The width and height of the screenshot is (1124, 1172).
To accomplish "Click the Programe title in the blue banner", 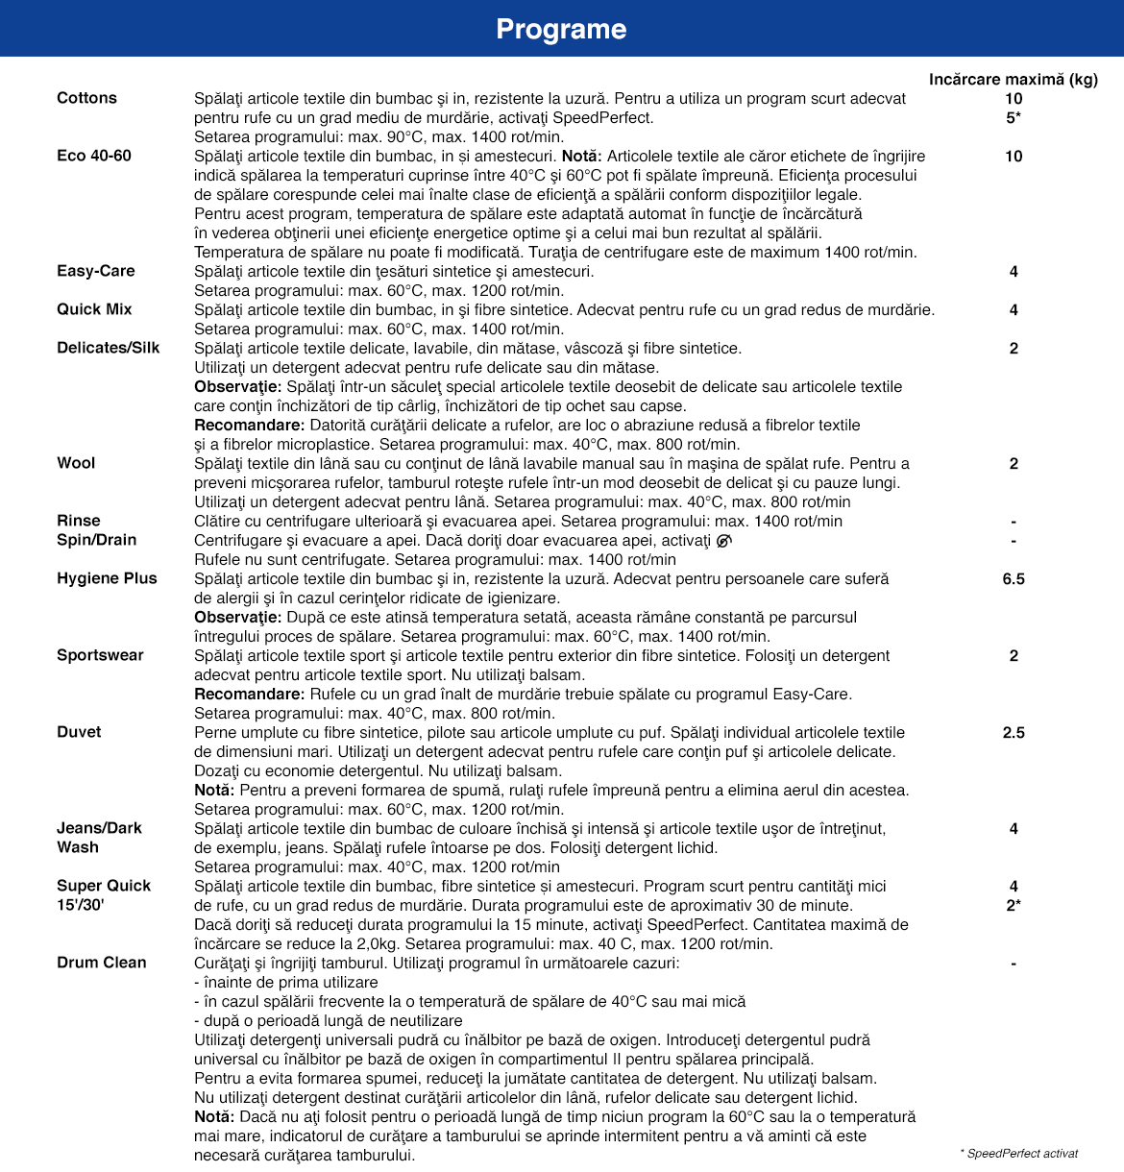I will (x=561, y=29).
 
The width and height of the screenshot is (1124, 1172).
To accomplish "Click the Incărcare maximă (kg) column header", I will (x=1013, y=79).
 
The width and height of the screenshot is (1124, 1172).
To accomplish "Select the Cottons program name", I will (x=86, y=98).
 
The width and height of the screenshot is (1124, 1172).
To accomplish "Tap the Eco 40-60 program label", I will (x=94, y=156).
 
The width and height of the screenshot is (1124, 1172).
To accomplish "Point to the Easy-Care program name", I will (x=96, y=271).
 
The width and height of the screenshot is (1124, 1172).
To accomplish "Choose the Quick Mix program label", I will (x=94, y=309).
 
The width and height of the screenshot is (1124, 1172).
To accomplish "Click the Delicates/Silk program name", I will (x=109, y=348).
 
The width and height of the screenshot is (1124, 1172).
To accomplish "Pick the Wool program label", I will (x=76, y=463).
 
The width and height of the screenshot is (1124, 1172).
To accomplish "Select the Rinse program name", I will (x=79, y=521).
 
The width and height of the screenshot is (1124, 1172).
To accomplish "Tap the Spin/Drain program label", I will (x=97, y=540).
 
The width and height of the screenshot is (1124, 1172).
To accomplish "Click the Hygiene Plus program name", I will (x=107, y=578).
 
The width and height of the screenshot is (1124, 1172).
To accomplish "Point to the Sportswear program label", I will (x=100, y=655).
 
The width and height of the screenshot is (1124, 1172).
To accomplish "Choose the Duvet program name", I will (x=79, y=732).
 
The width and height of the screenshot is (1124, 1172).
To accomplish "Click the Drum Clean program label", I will (x=102, y=963).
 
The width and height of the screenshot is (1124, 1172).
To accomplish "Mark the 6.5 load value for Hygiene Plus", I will (x=1014, y=578).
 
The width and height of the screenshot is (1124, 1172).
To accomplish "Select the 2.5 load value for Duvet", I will (x=1014, y=732).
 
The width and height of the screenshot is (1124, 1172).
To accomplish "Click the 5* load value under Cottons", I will (x=1014, y=117).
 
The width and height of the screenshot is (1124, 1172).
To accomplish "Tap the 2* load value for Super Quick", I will (x=1014, y=905).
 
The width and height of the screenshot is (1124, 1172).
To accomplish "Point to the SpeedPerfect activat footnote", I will (x=1019, y=1153).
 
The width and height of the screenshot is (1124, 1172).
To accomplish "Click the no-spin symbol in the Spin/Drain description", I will (x=723, y=541).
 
